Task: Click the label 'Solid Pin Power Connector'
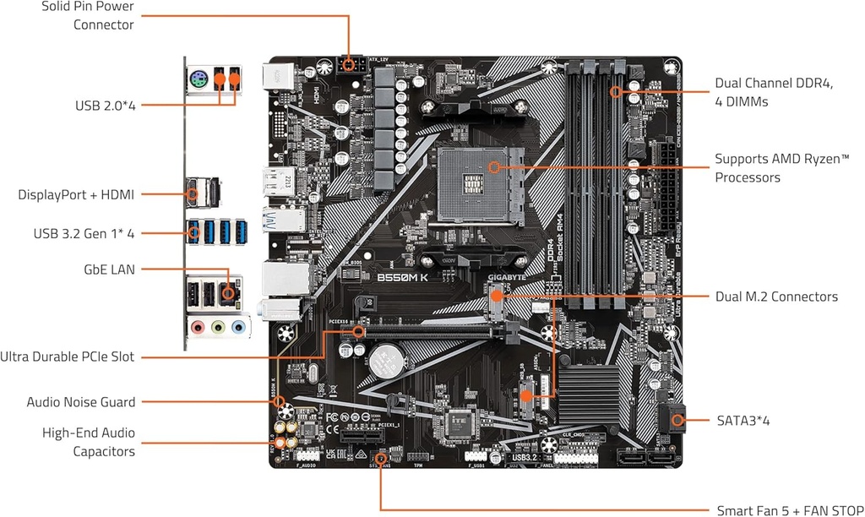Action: pyautogui.click(x=91, y=16)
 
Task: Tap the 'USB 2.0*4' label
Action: pyautogui.click(x=106, y=106)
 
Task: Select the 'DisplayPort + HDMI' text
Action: pyautogui.click(x=76, y=194)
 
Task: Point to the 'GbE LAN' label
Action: pyautogui.click(x=107, y=269)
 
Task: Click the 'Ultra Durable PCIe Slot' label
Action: pyautogui.click(x=68, y=356)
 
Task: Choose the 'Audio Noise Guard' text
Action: pyautogui.click(x=81, y=402)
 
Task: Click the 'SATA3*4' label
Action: pyautogui.click(x=743, y=420)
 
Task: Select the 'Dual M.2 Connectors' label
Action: pyautogui.click(x=776, y=297)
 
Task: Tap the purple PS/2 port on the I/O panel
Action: pyautogui.click(x=197, y=82)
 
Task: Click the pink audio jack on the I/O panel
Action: pyautogui.click(x=198, y=326)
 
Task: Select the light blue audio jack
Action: pyautogui.click(x=238, y=326)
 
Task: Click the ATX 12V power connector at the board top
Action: pyautogui.click(x=349, y=64)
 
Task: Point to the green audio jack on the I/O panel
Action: pyautogui.click(x=218, y=326)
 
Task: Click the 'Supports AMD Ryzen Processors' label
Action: pyautogui.click(x=781, y=168)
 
